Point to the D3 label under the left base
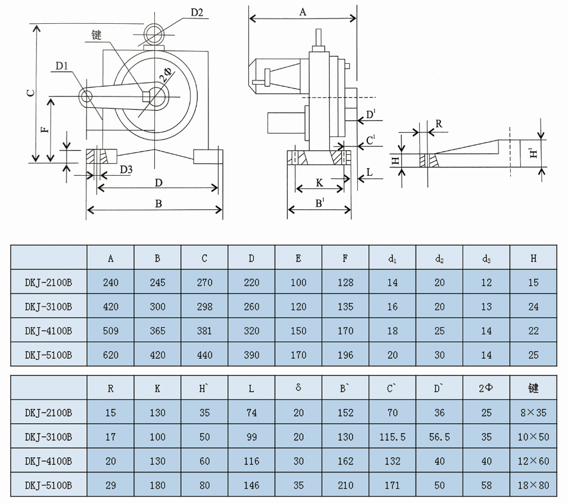[x=126, y=170]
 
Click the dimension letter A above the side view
[x=302, y=12]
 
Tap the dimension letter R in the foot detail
[x=439, y=124]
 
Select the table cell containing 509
[x=111, y=331]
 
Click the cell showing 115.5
[x=392, y=437]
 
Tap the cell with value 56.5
[x=439, y=437]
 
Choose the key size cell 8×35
[x=533, y=412]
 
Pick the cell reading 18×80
[x=533, y=485]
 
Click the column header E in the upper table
[x=298, y=258]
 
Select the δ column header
[x=298, y=388]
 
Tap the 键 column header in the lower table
[x=533, y=388]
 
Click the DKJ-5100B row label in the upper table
[x=49, y=355]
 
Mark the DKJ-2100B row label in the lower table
[x=49, y=412]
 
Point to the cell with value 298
[x=204, y=307]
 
